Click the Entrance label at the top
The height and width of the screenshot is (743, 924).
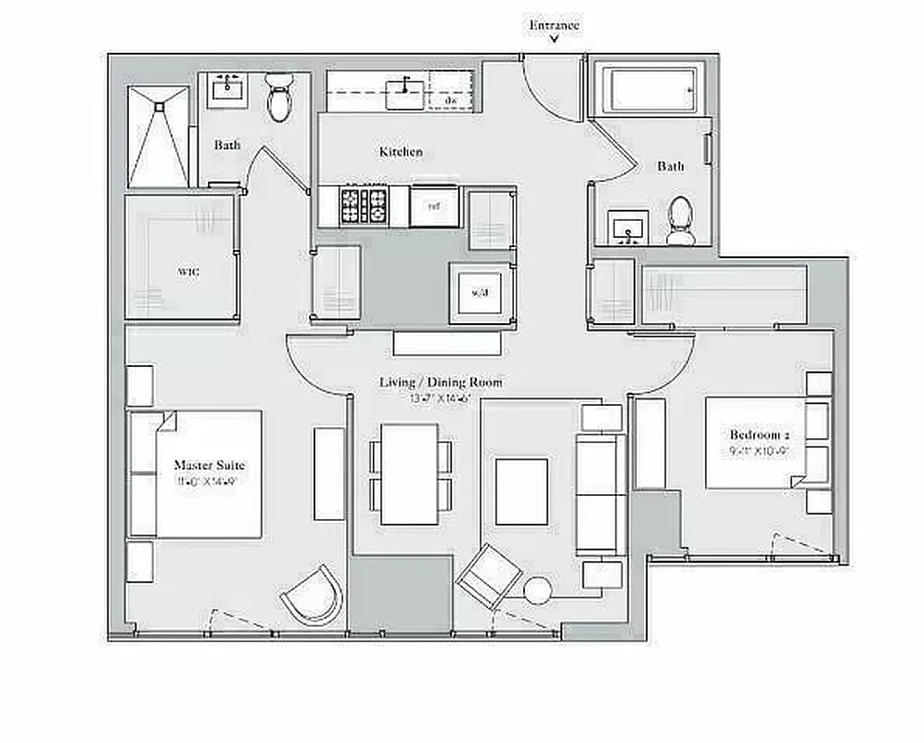[x=554, y=25]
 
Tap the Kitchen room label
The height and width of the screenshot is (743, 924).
[x=401, y=151]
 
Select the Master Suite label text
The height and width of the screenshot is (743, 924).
[x=209, y=464]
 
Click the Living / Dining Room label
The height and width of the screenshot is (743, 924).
[x=441, y=382]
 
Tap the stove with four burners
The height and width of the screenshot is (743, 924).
[x=364, y=205]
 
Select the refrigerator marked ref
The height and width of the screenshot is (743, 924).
[x=433, y=206]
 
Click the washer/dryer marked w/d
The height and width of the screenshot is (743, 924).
[x=479, y=293]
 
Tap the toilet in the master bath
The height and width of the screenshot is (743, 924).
[x=277, y=99]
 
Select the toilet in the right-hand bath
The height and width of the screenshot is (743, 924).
[x=680, y=219]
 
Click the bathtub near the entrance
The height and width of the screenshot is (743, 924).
[x=649, y=88]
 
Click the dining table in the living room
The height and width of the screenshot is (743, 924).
[x=409, y=474]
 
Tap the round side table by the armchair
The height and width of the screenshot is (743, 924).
[x=537, y=591]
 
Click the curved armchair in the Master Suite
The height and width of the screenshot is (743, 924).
[x=312, y=595]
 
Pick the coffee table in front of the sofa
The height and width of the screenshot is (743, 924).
[x=520, y=491]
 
